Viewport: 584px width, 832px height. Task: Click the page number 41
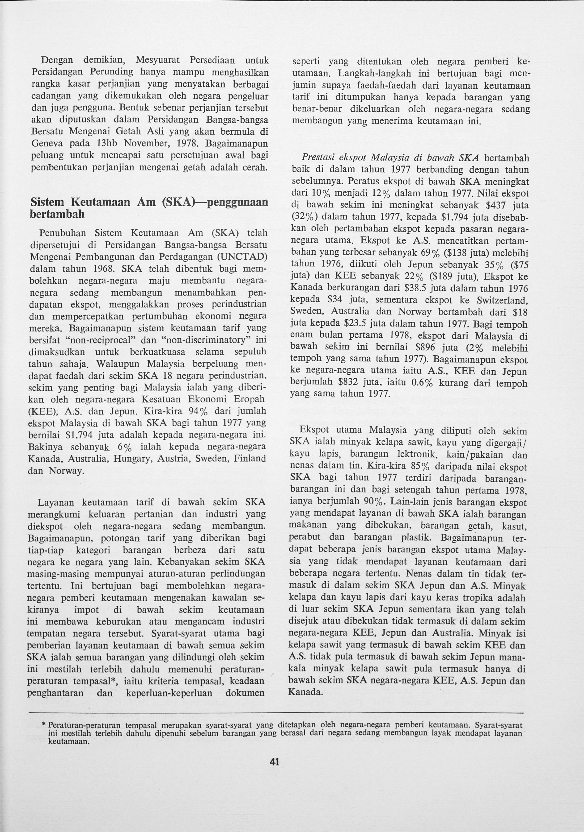click(x=275, y=762)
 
